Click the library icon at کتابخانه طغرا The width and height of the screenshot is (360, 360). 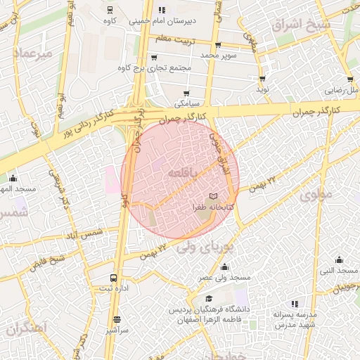[213, 195]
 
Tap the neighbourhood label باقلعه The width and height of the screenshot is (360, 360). [181, 171]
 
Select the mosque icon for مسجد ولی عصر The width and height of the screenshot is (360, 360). [224, 266]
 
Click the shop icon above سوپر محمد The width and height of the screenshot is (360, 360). [218, 45]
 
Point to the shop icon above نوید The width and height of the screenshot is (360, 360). [262, 79]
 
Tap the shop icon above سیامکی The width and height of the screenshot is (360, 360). [186, 93]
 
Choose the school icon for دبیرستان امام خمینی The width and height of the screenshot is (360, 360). [162, 10]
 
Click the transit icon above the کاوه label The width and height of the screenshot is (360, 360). [109, 10]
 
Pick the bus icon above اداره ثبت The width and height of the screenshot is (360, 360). [114, 278]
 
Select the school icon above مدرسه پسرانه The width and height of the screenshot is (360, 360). [295, 304]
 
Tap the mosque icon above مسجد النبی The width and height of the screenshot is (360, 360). [339, 259]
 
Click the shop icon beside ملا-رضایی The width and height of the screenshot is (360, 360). [349, 79]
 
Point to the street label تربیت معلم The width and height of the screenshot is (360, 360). [174, 37]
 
